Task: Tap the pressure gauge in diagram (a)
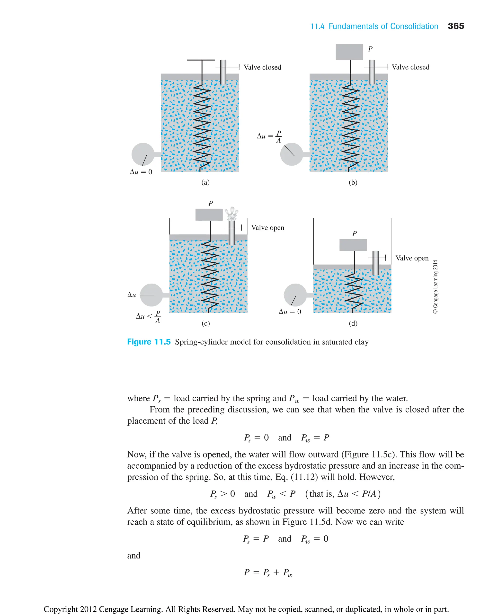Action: (143, 154)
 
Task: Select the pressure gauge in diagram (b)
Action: (292, 154)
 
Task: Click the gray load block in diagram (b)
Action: (349, 52)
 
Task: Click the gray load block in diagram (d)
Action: (353, 245)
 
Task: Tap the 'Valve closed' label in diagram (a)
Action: (262, 67)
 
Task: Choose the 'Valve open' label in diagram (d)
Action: (412, 258)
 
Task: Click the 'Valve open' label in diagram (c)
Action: (267, 228)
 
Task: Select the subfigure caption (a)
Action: (205, 182)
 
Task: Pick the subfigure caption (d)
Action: (353, 323)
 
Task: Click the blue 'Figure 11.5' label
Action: (149, 342)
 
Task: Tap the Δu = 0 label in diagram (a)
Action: (141, 172)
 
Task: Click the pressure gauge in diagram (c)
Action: (151, 295)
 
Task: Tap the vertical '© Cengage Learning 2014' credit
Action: (435, 287)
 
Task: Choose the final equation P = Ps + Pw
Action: (268, 572)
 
